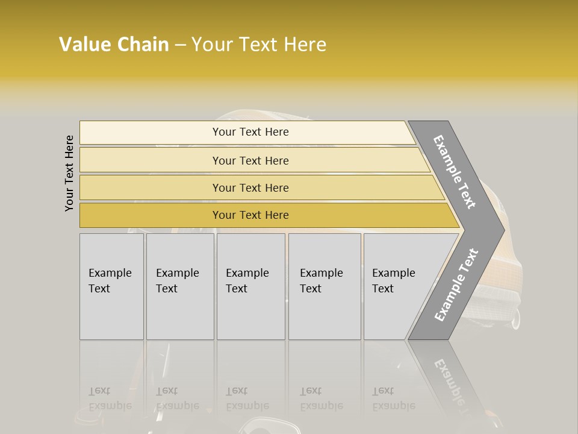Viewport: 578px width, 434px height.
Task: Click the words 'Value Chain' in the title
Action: coord(114,45)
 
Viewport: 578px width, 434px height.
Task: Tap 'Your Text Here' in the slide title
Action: coord(259,45)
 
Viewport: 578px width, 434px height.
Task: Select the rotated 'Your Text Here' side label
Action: coord(69,173)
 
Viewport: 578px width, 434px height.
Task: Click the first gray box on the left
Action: coord(111,313)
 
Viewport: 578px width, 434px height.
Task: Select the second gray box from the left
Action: coord(180,313)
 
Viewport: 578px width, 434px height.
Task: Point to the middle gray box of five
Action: coord(250,313)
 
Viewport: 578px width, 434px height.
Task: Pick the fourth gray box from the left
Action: coord(325,313)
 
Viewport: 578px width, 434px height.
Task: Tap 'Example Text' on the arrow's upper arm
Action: coord(455,172)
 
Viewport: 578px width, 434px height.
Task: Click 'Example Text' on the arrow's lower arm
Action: coord(456,285)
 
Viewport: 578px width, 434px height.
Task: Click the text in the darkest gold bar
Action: coord(250,215)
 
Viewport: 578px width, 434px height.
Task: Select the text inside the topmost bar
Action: coord(250,132)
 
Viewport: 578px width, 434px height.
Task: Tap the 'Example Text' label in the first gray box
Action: coord(110,281)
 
